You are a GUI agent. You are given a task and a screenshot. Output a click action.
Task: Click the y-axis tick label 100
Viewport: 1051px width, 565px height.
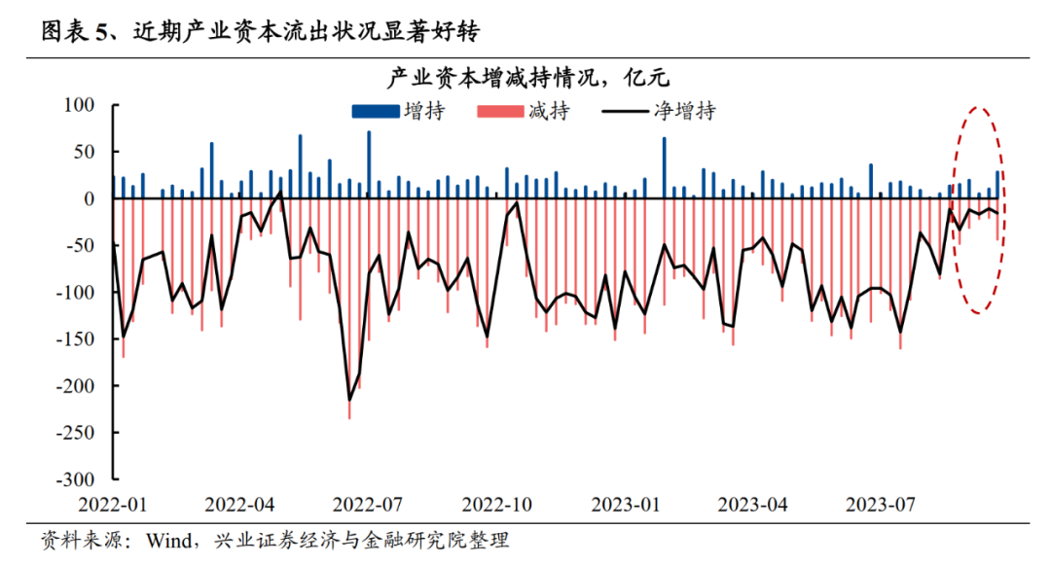pos(79,105)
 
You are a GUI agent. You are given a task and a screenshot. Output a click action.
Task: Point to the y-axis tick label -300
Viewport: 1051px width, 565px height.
pos(75,479)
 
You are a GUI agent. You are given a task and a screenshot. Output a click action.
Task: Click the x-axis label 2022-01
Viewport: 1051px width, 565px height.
pos(112,505)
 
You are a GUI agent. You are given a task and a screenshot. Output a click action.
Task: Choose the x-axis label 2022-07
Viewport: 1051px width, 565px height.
pos(368,505)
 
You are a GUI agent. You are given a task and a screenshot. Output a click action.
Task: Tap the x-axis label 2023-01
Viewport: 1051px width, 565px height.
pos(624,505)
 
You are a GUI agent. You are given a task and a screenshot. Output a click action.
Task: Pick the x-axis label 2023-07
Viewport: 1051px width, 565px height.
pos(880,505)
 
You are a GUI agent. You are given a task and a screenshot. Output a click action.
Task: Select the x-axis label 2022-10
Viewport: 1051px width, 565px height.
pos(496,505)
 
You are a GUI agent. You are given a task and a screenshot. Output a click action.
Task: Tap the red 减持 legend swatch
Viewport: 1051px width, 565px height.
pos(499,113)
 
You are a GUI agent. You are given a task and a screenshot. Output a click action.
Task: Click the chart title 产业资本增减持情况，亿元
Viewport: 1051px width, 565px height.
pos(524,77)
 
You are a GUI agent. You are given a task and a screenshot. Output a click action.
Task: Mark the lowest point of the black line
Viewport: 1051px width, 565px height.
pos(349,400)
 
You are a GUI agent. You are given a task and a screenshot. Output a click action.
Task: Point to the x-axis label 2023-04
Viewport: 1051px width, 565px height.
pos(752,505)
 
